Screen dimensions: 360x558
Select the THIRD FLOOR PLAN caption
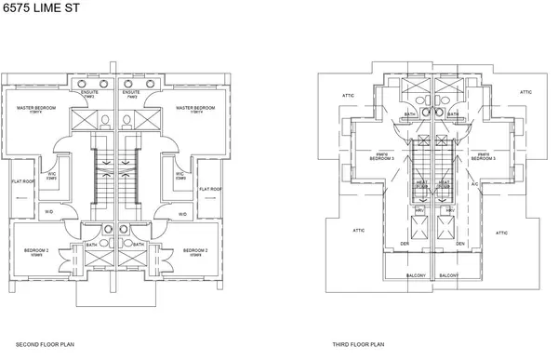(352, 343)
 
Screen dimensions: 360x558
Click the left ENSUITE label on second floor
(90, 93)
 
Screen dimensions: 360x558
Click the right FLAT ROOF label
(210, 189)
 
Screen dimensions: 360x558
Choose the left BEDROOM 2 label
(37, 251)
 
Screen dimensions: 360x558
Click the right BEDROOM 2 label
(195, 251)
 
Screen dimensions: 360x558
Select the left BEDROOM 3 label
(381, 158)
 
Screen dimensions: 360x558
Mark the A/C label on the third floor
(473, 184)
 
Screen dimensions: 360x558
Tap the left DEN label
(405, 244)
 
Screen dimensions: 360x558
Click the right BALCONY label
(449, 276)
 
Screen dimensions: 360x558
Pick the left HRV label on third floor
(420, 210)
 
